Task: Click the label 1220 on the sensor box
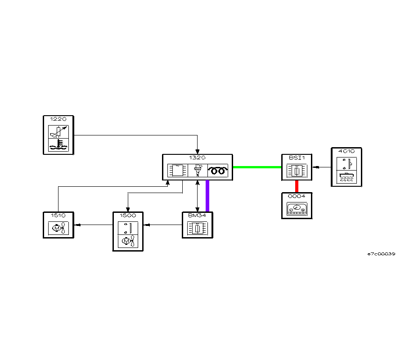[58, 119]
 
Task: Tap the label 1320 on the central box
[198, 158]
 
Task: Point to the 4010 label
[346, 152]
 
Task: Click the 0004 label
[296, 197]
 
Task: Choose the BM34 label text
[197, 216]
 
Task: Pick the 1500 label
[128, 216]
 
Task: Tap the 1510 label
[58, 216]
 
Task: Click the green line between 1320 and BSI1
[257, 167]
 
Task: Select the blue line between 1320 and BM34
[207, 196]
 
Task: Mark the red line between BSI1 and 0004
[297, 186]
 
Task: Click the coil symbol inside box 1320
[218, 171]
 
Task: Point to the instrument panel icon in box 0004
[296, 210]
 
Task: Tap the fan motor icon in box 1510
[58, 229]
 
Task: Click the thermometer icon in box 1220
[58, 145]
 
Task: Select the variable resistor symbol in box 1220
[58, 131]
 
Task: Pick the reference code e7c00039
[381, 254]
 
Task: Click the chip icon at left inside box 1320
[177, 171]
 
